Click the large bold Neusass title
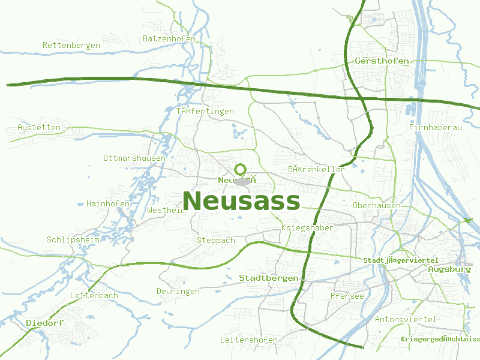point(241,201)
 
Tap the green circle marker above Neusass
point(241,169)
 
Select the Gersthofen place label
point(382,61)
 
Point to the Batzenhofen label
point(169,39)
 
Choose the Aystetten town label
point(39,128)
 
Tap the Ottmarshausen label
point(134,158)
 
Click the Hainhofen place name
point(108,203)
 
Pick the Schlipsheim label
point(74,239)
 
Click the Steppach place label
point(216,240)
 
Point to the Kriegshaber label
point(307,228)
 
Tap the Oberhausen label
point(377,205)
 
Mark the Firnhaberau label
point(435,128)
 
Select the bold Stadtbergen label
point(269,278)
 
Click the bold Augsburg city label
point(450,269)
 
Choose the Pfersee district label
point(347,296)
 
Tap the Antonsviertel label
point(406,319)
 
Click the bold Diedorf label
point(45,323)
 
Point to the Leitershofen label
point(249,340)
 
